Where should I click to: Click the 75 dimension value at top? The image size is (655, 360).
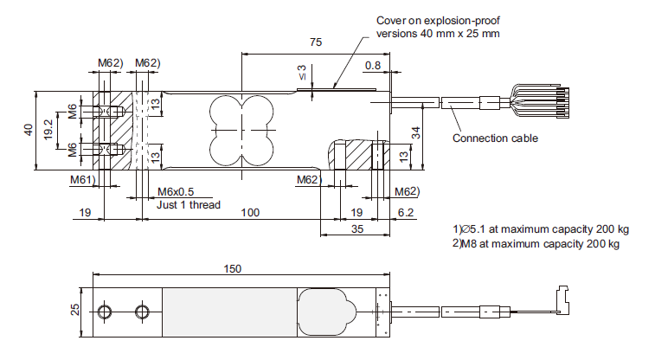[x=316, y=42]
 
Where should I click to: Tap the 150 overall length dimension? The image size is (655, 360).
[x=232, y=268]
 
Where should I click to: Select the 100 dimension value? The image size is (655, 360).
[x=250, y=213]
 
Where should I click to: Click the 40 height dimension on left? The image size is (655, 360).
[x=29, y=130]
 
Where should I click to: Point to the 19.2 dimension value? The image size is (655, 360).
[x=48, y=130]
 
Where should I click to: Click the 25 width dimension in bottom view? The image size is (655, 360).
[x=74, y=310]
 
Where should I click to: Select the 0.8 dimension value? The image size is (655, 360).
[x=373, y=66]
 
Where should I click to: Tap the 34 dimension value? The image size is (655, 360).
[x=416, y=133]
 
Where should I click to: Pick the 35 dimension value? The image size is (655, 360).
[x=357, y=228]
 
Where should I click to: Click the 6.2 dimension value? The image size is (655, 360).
[x=405, y=213]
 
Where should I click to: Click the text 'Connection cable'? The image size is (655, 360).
[x=495, y=138]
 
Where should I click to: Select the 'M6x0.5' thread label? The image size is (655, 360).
[x=176, y=192]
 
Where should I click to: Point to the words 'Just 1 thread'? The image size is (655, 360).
[x=189, y=204]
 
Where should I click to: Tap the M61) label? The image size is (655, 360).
[x=83, y=180]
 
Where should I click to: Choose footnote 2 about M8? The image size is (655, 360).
[x=536, y=243]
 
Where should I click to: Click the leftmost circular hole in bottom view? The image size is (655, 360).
[x=104, y=312]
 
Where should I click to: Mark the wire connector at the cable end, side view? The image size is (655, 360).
[x=562, y=300]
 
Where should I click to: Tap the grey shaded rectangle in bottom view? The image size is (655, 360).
[x=230, y=312]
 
